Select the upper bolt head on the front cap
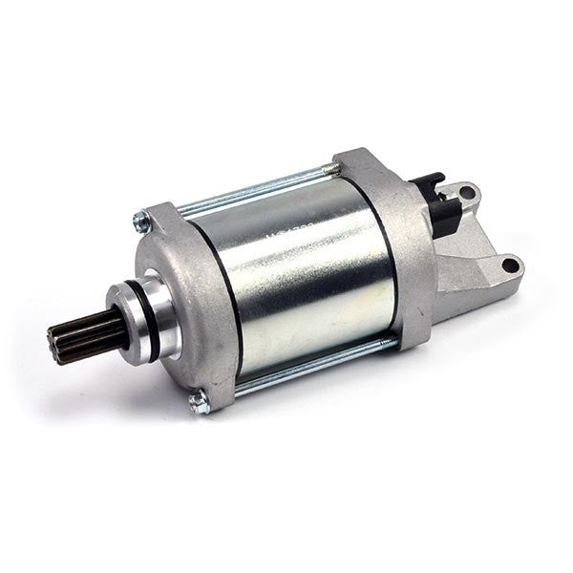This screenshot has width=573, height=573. coord(142,223)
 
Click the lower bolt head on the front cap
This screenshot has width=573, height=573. coord(200,402)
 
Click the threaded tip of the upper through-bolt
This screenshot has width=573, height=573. coord(331,169)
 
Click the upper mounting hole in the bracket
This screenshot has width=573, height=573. coord(467,194)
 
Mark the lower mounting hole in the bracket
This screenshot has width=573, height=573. coord(510,265)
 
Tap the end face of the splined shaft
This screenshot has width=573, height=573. coord(55,345)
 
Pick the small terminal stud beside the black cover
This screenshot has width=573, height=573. coord(442,195)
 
